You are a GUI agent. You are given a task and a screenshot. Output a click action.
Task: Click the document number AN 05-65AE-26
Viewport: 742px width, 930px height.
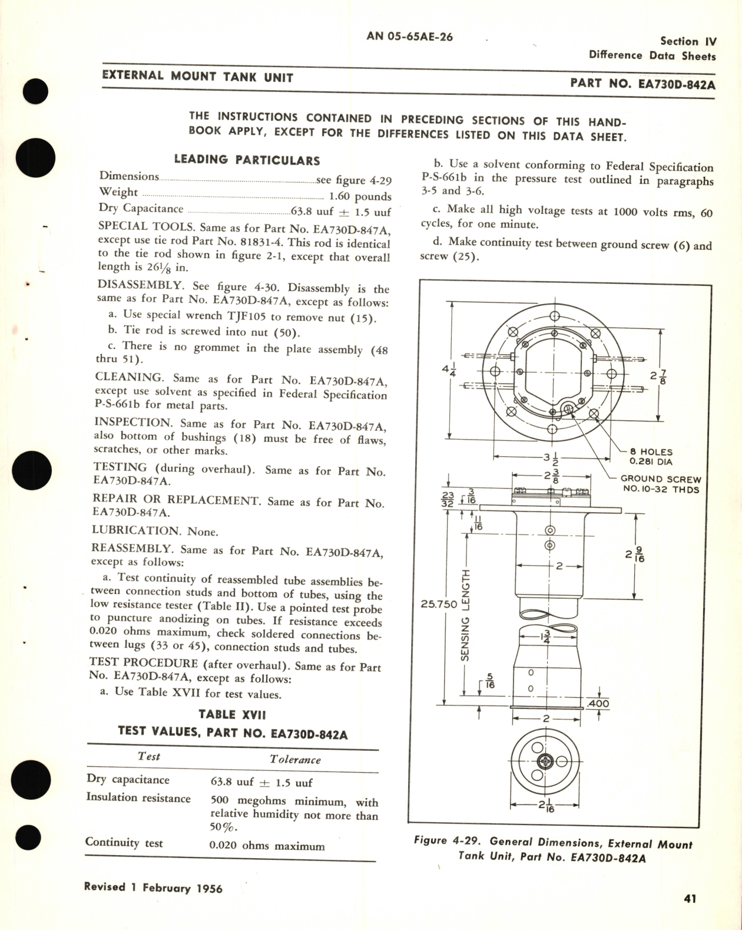[409, 37]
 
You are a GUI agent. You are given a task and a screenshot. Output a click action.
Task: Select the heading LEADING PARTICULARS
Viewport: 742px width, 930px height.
[247, 160]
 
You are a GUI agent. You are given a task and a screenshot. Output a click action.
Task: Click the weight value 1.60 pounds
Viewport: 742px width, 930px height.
[360, 196]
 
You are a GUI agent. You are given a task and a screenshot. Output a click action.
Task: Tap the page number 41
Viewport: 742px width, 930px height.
[690, 898]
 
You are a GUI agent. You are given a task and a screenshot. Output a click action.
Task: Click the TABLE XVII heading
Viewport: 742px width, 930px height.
[232, 714]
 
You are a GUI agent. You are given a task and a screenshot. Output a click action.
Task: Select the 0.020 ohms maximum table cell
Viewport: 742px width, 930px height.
[267, 846]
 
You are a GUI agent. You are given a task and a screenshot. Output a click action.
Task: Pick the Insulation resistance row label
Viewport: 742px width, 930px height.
[138, 797]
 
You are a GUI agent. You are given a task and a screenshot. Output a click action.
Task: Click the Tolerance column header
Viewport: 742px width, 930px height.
[295, 759]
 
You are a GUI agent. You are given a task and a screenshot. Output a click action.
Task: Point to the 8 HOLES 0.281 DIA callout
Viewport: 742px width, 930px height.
[650, 457]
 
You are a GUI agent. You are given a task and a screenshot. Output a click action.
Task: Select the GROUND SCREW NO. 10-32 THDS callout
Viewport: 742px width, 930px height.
[660, 484]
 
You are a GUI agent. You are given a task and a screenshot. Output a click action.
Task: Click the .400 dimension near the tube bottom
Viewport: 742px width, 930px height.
[598, 703]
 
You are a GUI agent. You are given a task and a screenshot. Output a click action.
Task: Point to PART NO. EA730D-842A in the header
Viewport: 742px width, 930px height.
[642, 84]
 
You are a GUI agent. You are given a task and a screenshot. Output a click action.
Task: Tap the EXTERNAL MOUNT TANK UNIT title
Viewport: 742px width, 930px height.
[197, 76]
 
